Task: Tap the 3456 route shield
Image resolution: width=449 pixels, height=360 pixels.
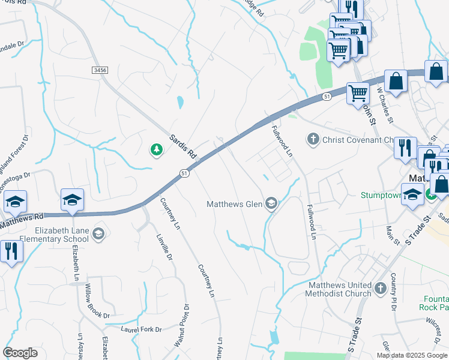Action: point(100,70)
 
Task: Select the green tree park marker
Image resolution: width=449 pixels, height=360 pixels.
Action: point(157,149)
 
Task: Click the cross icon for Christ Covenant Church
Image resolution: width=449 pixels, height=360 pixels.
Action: point(312,140)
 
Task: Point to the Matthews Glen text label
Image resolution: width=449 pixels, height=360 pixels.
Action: point(235,204)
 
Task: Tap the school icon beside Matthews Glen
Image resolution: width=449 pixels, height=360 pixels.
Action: point(271,204)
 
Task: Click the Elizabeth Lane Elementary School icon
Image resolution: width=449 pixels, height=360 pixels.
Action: point(99,233)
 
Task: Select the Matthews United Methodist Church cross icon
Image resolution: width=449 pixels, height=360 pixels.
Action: point(380,289)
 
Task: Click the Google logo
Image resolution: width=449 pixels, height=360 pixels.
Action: point(20,353)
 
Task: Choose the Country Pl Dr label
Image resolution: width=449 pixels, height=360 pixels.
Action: point(394,291)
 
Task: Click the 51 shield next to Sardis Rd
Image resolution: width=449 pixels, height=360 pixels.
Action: point(185,173)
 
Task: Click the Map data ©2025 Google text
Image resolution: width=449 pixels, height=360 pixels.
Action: point(411,355)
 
